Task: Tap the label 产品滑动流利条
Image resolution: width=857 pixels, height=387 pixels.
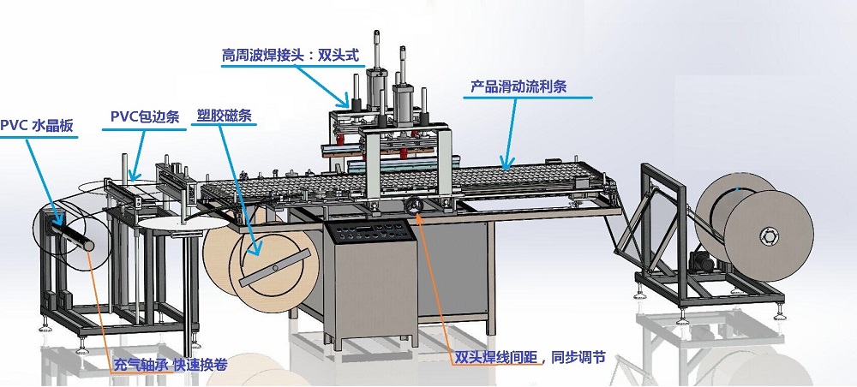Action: click(518, 87)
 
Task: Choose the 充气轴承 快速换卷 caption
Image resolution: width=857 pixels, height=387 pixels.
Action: click(170, 364)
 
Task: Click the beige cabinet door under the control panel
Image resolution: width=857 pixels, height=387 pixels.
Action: click(369, 291)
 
